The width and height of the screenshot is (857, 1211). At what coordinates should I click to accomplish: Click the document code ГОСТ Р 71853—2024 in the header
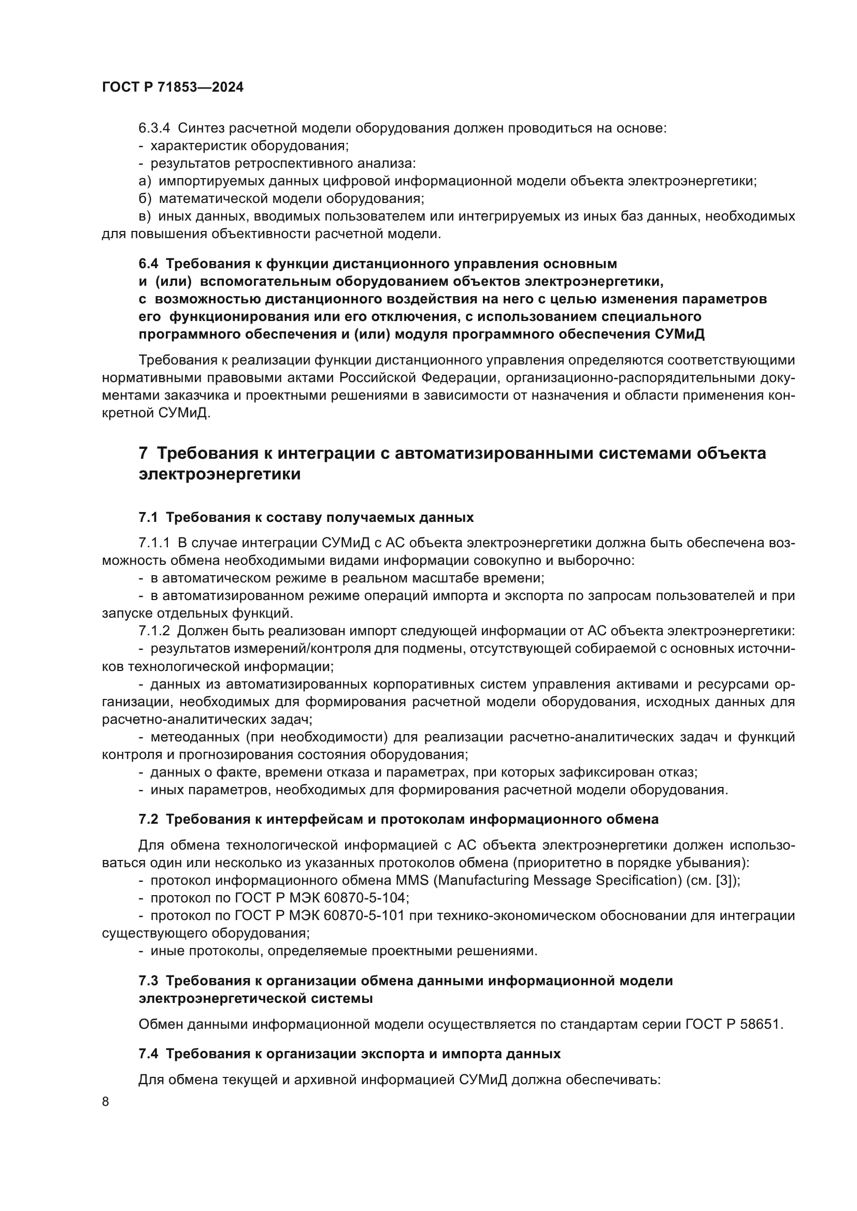(x=173, y=87)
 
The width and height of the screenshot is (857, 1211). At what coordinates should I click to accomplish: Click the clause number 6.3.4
(x=153, y=128)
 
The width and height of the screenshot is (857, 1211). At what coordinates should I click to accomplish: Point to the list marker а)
(x=145, y=181)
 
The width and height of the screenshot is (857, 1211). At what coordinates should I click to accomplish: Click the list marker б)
(x=145, y=199)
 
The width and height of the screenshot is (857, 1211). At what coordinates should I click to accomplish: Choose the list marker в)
(x=145, y=216)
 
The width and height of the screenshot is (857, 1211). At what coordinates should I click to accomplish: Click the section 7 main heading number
(x=143, y=453)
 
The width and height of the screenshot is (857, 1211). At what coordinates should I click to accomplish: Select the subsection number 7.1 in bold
(x=148, y=517)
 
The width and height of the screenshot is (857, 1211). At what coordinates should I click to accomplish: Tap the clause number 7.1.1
(x=153, y=543)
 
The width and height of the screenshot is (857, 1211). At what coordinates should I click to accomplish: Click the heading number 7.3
(x=148, y=981)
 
